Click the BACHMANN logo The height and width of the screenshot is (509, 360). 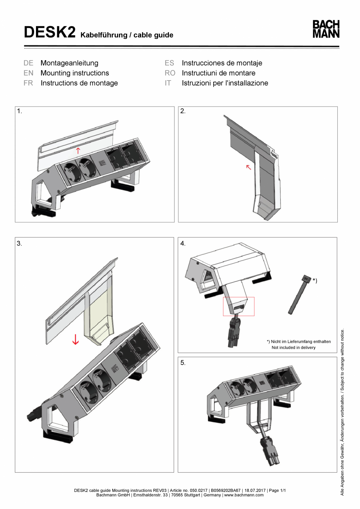(x=326, y=29)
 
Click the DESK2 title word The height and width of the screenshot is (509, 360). (x=49, y=32)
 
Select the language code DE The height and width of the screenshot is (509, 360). (x=28, y=63)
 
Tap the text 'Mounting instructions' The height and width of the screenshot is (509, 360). (x=75, y=73)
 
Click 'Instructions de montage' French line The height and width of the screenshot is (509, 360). (x=79, y=83)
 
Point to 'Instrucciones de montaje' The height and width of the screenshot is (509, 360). (x=222, y=63)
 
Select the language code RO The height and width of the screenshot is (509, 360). (x=169, y=73)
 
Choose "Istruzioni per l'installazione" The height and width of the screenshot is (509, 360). (x=225, y=83)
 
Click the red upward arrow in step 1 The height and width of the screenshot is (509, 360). (x=78, y=150)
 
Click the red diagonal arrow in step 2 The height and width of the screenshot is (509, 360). (x=248, y=168)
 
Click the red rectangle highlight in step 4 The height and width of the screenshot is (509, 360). (x=239, y=306)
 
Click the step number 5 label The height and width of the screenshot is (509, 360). (x=183, y=363)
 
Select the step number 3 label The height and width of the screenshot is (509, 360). (x=20, y=243)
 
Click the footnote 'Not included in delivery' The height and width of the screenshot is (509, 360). (x=293, y=347)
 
